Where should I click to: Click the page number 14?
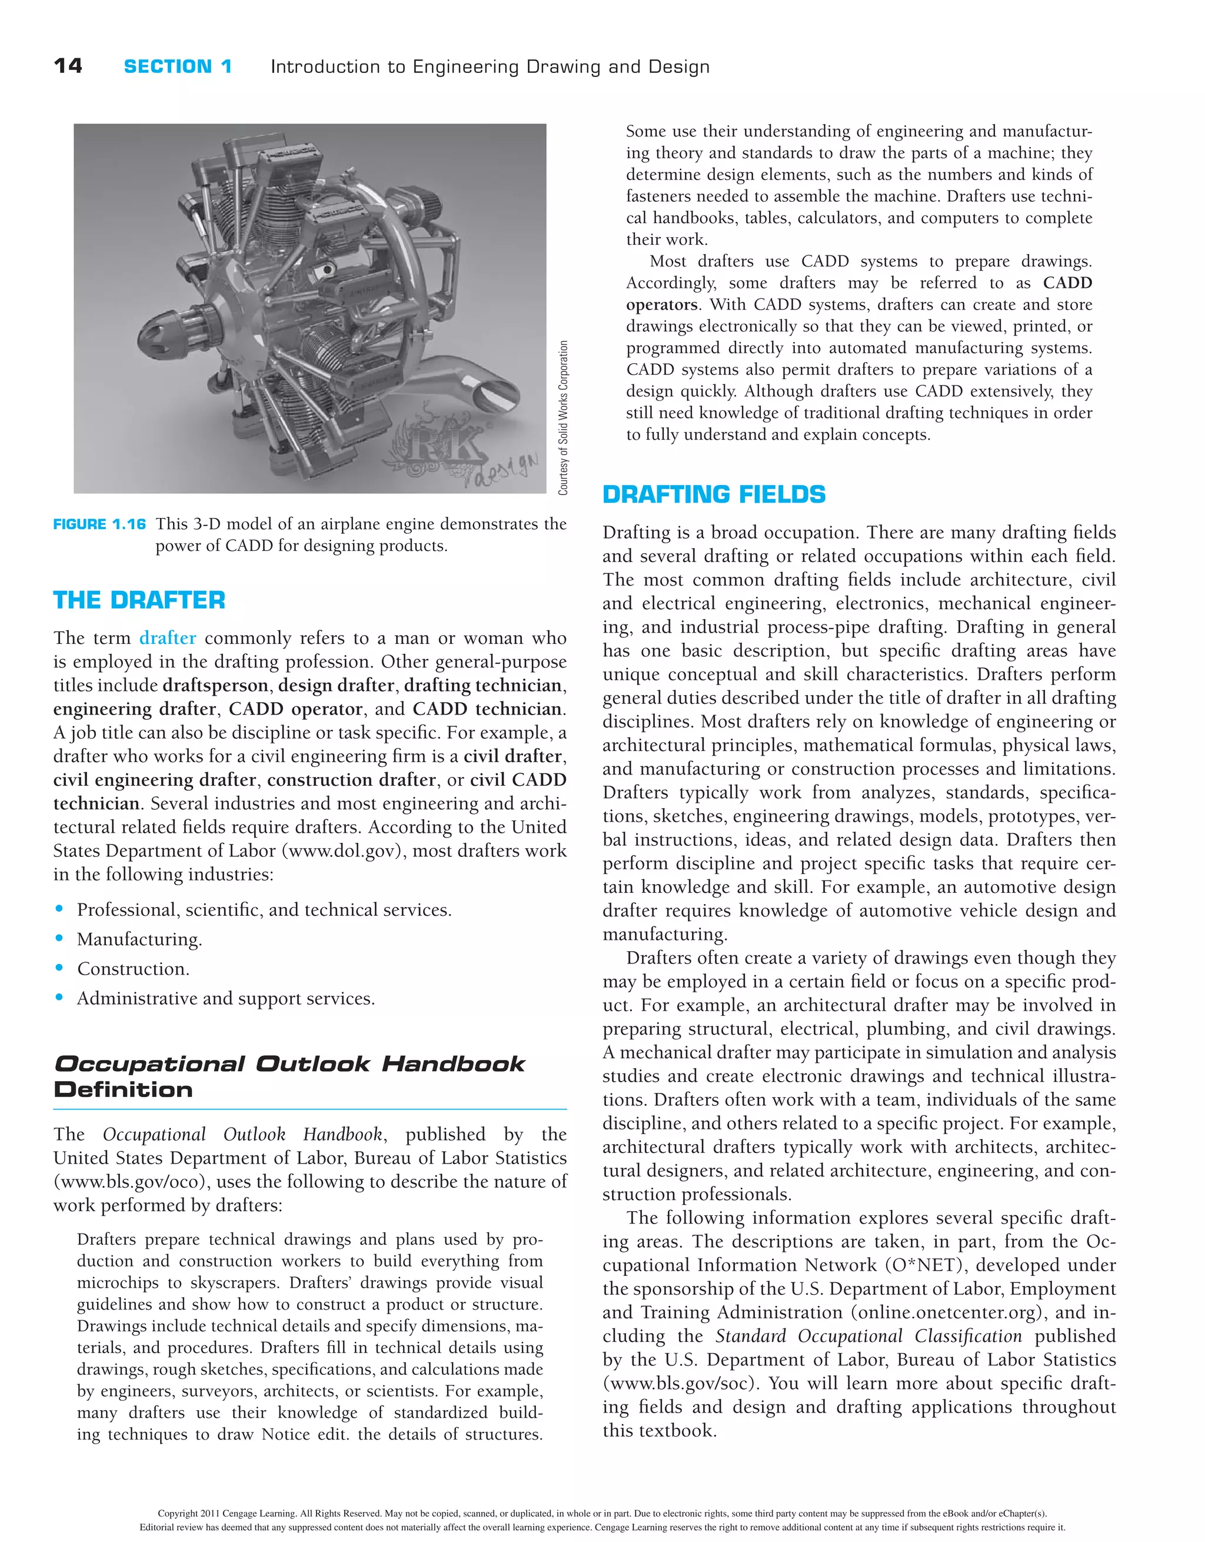tap(68, 66)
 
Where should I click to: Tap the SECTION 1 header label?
tap(177, 67)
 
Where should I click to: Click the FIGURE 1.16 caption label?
tap(99, 524)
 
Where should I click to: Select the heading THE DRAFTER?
tap(139, 600)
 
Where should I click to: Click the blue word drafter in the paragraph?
tap(167, 638)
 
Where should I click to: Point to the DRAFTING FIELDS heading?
tap(714, 494)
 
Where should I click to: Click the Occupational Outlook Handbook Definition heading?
tap(289, 1076)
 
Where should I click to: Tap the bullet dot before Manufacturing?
tap(59, 938)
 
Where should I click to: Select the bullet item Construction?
tap(133, 969)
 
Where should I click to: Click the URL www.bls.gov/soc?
tap(681, 1383)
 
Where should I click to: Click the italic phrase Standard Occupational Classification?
tap(868, 1336)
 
